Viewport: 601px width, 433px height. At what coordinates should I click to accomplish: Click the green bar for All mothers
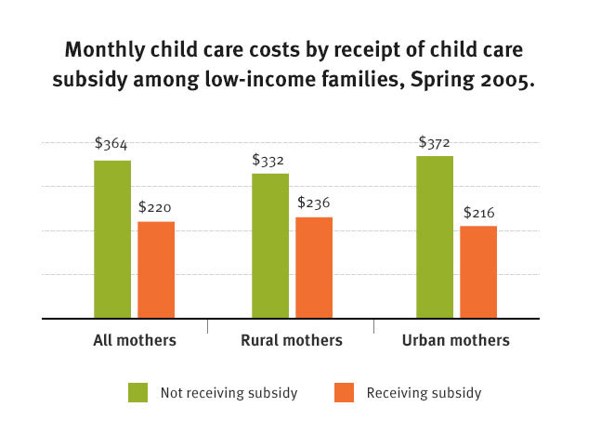112,239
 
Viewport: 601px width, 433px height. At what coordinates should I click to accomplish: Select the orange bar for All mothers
156,269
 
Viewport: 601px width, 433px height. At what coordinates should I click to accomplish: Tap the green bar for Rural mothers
270,245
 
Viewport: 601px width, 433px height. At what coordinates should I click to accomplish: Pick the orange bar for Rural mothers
314,268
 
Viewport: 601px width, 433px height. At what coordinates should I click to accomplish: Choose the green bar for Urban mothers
435,237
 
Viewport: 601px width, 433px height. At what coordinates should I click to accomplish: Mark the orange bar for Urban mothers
478,271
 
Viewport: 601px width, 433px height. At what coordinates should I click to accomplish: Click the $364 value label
111,144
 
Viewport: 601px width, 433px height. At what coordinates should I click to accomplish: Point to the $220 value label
155,207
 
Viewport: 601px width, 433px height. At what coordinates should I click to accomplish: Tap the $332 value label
269,159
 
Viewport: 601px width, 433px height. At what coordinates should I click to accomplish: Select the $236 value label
314,202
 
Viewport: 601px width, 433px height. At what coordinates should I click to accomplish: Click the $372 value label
435,142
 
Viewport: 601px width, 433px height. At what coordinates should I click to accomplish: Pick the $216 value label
479,212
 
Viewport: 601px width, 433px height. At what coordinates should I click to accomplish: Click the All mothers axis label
135,340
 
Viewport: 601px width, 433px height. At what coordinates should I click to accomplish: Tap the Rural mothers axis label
292,340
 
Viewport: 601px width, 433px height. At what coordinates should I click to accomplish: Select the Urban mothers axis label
456,340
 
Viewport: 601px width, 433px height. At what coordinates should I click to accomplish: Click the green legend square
138,393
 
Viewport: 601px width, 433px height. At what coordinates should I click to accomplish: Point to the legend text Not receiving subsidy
229,393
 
